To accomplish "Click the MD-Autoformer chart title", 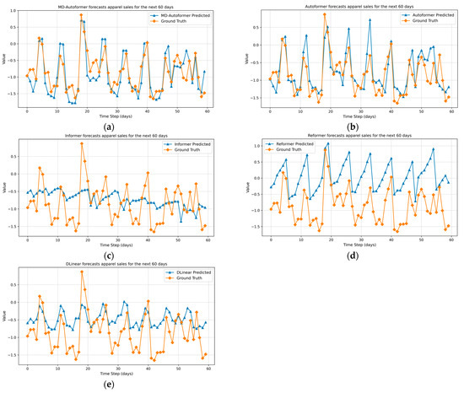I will (116, 5).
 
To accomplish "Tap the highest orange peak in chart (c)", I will (82, 143).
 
